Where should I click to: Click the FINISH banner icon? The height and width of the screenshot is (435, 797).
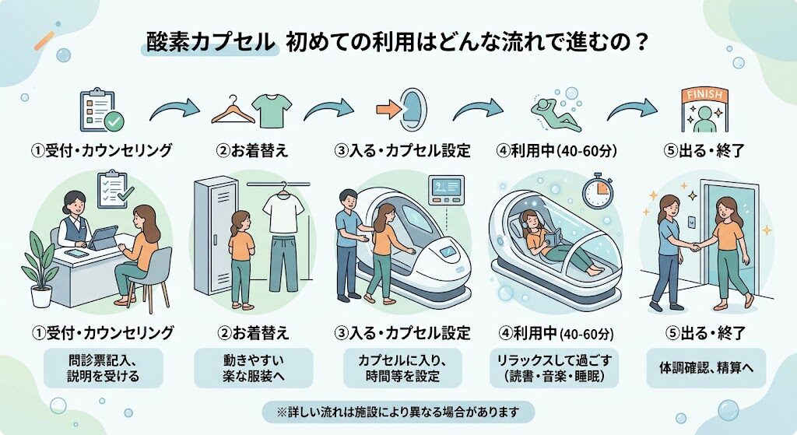[x=704, y=111]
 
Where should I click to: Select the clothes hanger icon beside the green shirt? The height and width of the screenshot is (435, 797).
[x=233, y=110]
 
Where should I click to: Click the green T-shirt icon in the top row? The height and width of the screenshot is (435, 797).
[x=275, y=110]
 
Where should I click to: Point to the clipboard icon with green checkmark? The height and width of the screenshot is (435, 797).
[x=100, y=111]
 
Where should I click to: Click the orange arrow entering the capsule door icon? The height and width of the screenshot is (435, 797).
[x=388, y=110]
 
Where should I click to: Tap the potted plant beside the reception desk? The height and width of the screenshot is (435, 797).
[x=40, y=270]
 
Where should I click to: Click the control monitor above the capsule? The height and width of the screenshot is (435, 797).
[x=446, y=191]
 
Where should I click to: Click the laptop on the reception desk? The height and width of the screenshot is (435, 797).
[x=103, y=238]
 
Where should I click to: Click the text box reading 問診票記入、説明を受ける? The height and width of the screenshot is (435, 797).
[x=104, y=368]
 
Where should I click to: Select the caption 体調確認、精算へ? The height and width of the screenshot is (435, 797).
[x=706, y=367]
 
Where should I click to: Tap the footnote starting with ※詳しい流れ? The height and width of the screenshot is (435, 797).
[x=398, y=412]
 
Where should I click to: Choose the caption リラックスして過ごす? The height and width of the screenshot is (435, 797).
[x=554, y=360]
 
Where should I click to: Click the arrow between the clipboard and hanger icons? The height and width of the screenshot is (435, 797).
[x=174, y=109]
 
